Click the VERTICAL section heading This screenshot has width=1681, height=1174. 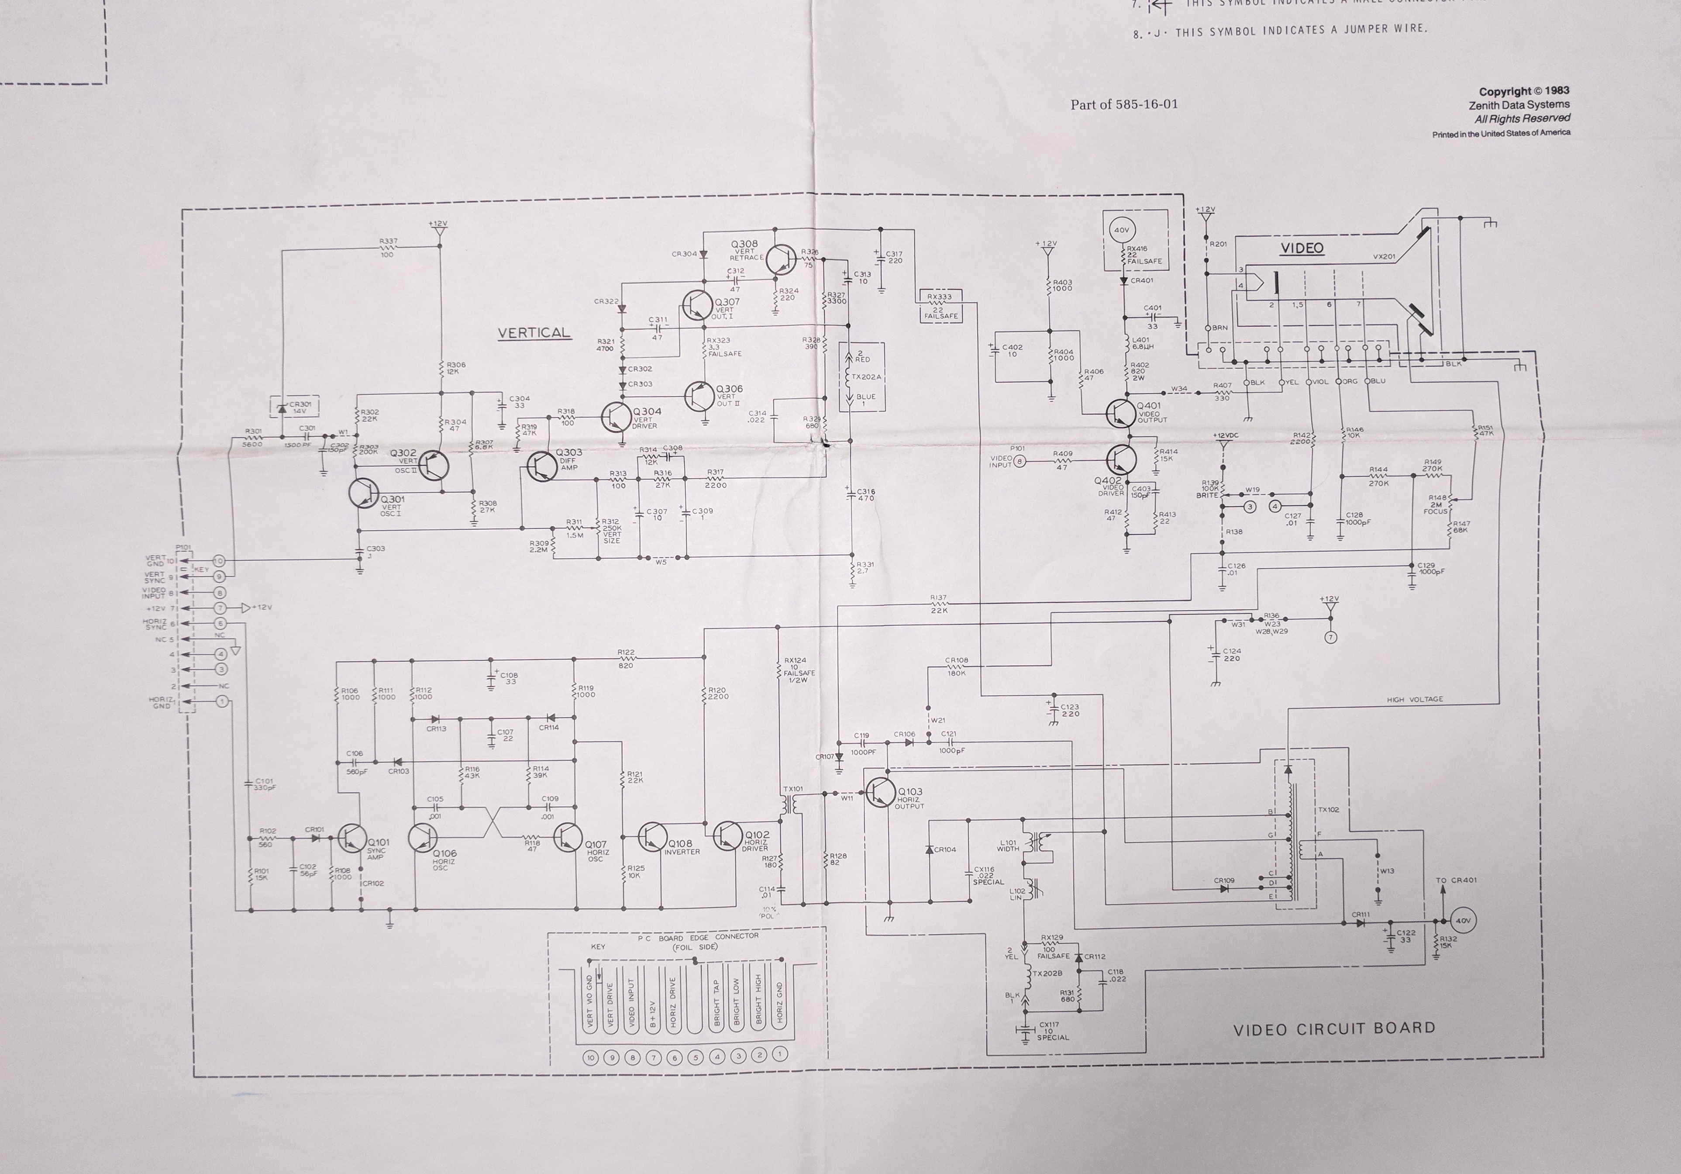click(534, 332)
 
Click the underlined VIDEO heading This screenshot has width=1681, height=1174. click(1302, 248)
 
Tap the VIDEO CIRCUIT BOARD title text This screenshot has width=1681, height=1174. click(1334, 1028)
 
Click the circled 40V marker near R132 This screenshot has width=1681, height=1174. click(1463, 921)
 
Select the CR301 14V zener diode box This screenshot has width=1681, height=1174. click(294, 407)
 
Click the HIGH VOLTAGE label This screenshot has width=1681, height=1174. click(1415, 699)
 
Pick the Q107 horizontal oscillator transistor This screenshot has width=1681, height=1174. click(568, 837)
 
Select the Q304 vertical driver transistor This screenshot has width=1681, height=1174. click(616, 416)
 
